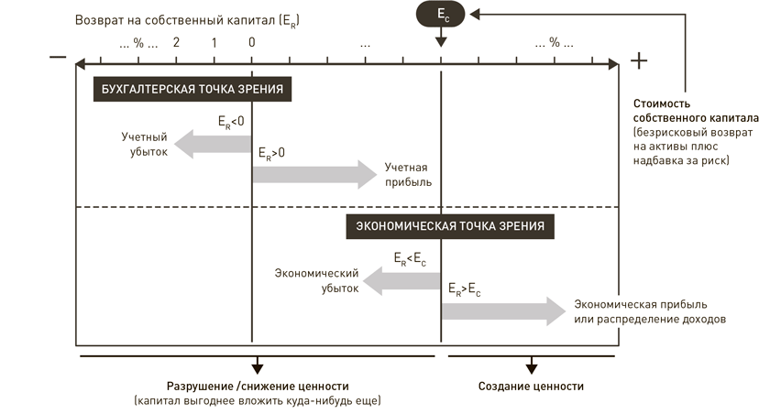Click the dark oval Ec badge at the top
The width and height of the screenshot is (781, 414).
click(x=441, y=14)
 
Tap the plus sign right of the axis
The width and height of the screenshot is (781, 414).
click(x=640, y=60)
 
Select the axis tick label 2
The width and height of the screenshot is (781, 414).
click(x=175, y=43)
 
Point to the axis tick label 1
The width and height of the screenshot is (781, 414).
click(x=214, y=43)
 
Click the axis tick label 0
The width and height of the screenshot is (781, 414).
click(x=251, y=43)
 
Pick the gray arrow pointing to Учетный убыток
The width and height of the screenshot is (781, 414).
click(x=212, y=143)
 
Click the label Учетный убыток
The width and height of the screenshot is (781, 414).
click(x=145, y=145)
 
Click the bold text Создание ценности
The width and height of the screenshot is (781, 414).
click(x=531, y=386)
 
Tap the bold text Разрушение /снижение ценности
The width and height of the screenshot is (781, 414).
click(x=258, y=386)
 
